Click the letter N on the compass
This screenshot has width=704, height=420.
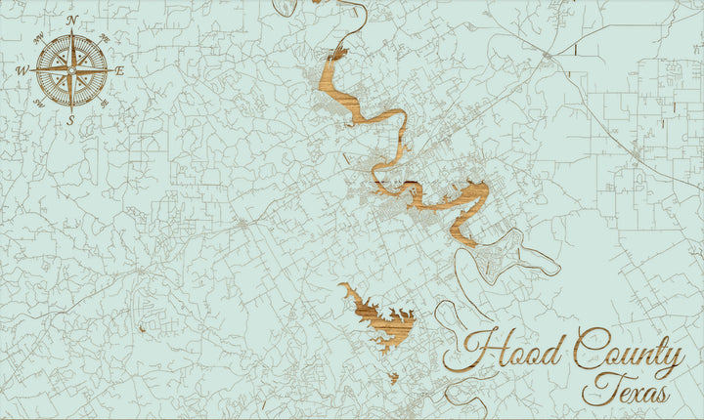[71, 20]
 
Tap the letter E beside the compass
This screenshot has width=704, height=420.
[119, 70]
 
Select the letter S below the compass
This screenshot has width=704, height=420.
[71, 120]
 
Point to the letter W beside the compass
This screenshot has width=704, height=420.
[22, 70]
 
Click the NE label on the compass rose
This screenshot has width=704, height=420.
[105, 37]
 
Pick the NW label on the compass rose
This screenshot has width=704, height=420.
[38, 38]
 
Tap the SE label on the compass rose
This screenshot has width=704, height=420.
[105, 103]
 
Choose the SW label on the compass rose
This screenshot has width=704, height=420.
[38, 103]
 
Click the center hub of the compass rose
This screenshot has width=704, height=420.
[71, 70]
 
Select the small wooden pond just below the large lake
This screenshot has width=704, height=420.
[393, 377]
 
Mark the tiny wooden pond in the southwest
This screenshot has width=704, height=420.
[142, 328]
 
